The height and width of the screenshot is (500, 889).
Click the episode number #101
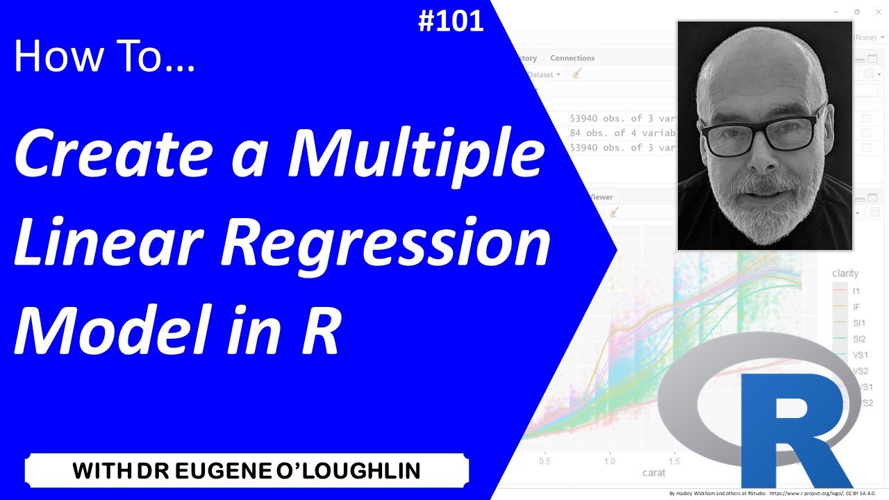pyautogui.click(x=451, y=21)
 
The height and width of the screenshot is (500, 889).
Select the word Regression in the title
pyautogui.click(x=407, y=245)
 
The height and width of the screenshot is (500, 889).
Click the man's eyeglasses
pyautogui.click(x=763, y=133)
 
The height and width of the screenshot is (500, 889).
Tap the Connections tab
pyautogui.click(x=572, y=58)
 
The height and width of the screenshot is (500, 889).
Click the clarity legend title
pyautogui.click(x=845, y=274)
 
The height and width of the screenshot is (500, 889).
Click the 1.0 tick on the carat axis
pyautogui.click(x=610, y=460)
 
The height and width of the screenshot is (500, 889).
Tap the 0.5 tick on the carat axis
pyautogui.click(x=545, y=460)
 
